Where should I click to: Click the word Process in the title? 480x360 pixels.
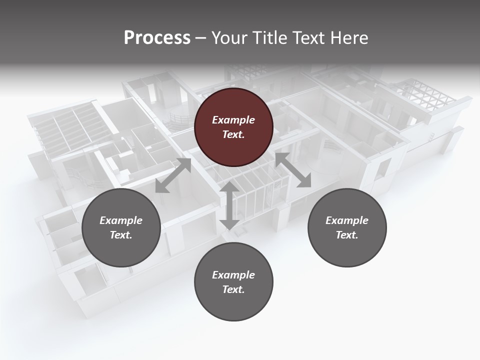(x=157, y=38)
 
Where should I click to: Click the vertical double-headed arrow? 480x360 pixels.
(x=229, y=205)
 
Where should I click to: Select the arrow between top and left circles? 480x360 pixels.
(x=173, y=175)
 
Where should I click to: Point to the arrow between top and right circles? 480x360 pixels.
(x=293, y=170)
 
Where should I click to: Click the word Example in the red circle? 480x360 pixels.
(x=233, y=120)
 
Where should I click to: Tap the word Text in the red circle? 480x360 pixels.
(x=233, y=134)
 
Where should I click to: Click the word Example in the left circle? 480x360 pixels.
(x=121, y=220)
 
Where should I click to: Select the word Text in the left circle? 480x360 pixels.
(x=121, y=235)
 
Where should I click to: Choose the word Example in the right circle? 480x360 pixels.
(x=347, y=220)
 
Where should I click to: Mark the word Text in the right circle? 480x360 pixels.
(x=347, y=235)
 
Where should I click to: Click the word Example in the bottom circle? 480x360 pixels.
(x=233, y=275)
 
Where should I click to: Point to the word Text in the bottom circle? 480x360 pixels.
(x=233, y=289)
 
